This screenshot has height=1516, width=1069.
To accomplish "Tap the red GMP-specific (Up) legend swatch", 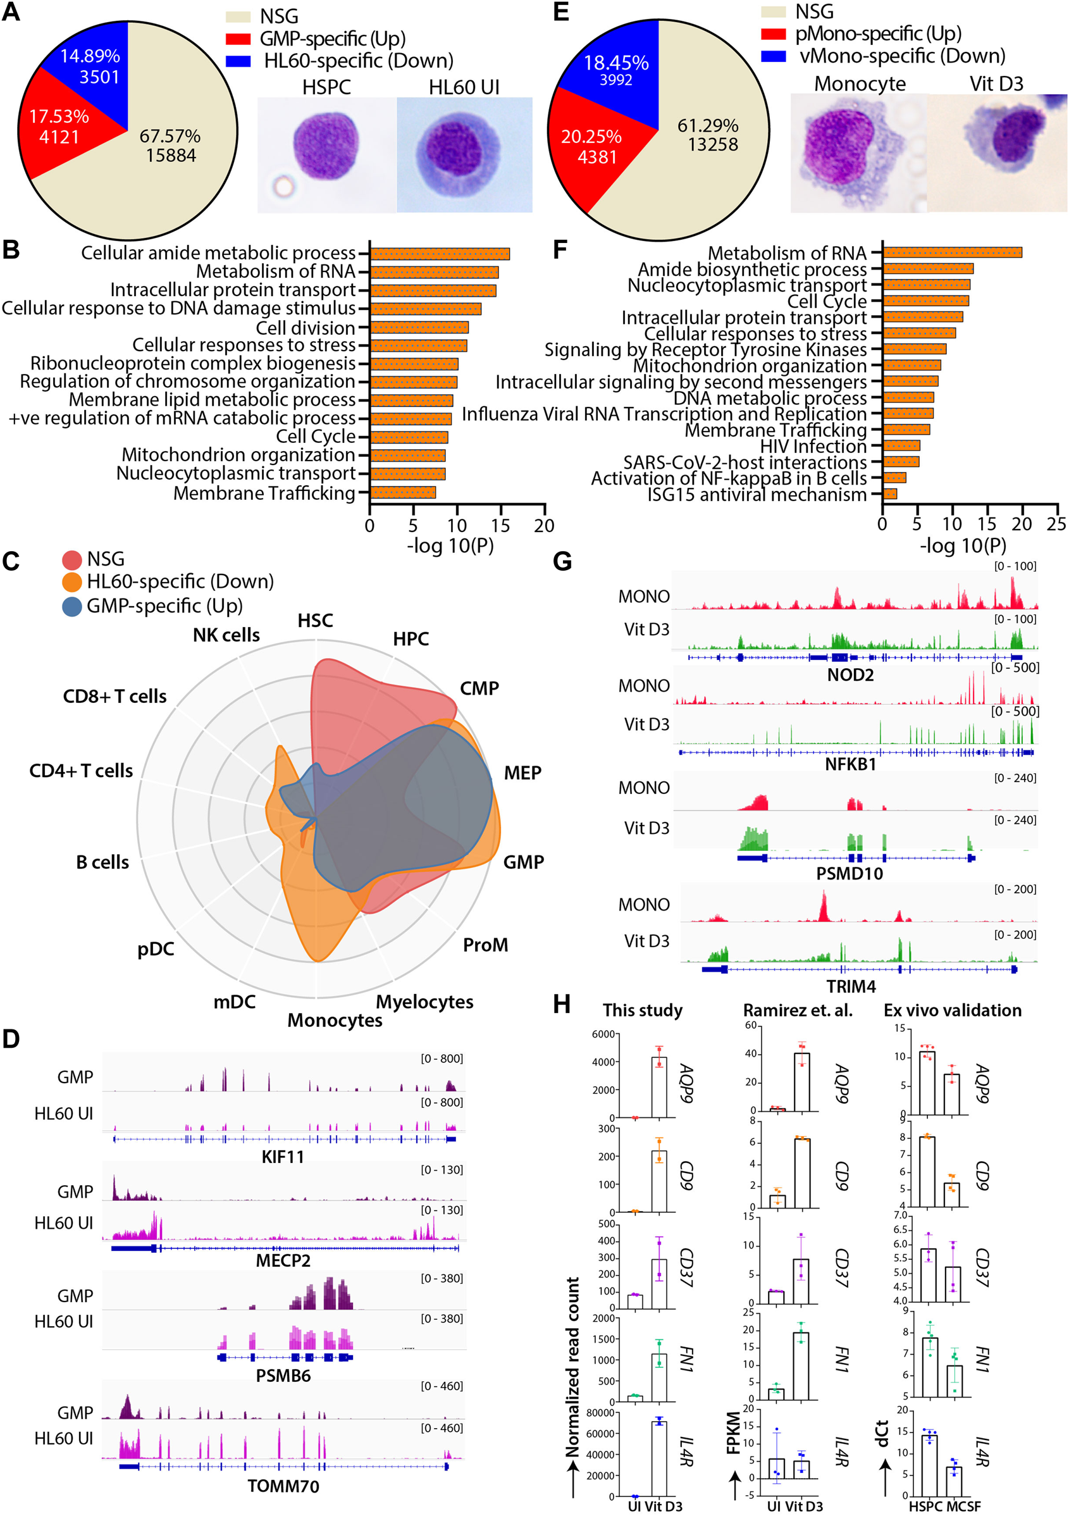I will pos(238,39).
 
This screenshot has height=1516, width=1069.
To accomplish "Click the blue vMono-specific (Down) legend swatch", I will pos(773,56).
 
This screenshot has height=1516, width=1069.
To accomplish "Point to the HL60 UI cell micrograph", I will pos(464,155).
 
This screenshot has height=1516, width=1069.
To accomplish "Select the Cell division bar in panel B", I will pos(419,328).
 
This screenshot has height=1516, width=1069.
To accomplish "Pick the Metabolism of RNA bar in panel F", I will pos(952,252).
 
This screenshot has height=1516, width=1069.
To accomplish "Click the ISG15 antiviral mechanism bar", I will pos(889,494).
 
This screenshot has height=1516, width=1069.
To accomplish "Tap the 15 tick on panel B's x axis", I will pos(500,526).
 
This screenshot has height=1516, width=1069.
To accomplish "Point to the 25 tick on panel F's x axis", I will pos(1056,524).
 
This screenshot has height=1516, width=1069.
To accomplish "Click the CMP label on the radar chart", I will pos(479,688).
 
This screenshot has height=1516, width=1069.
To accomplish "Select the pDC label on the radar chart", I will pos(156,949).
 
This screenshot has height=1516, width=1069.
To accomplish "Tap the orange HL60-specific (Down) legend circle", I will pos(72,581).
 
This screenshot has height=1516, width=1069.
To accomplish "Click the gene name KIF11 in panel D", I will pos(283,1156).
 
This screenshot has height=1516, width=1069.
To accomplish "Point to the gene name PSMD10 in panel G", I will pos(849,874).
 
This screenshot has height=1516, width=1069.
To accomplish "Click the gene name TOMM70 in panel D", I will pos(283,1486).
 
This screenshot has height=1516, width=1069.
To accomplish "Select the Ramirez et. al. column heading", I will pos(798,1010).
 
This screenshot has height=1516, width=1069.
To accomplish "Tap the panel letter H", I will pos(561,1005).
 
